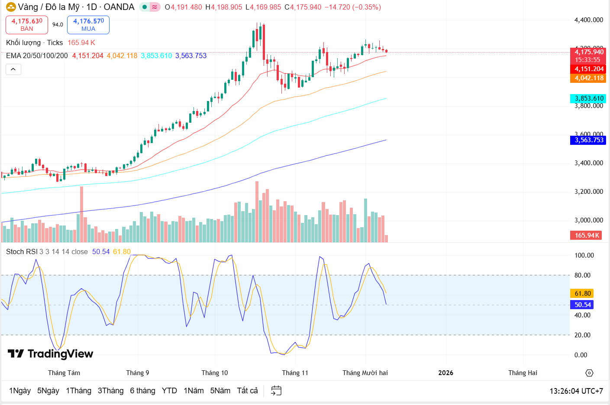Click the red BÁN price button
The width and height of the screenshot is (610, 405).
click(x=27, y=25)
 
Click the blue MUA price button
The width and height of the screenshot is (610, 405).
click(x=88, y=25)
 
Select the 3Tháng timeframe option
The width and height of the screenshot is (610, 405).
click(x=110, y=391)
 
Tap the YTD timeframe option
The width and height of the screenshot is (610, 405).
click(x=169, y=391)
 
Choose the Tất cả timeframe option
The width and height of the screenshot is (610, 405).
click(x=247, y=391)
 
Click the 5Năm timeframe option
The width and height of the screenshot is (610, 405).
click(x=220, y=391)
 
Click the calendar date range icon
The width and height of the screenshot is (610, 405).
click(x=276, y=391)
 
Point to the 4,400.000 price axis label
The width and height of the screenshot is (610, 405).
click(x=588, y=20)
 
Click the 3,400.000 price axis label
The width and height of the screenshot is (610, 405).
click(x=588, y=163)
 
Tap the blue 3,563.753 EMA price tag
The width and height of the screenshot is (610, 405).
click(x=588, y=140)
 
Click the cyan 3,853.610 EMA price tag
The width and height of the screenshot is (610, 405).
click(x=588, y=98)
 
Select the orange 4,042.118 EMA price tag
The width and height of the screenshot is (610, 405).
click(x=588, y=78)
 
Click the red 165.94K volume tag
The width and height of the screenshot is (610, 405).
click(x=587, y=235)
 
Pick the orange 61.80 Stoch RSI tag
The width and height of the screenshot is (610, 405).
click(x=582, y=294)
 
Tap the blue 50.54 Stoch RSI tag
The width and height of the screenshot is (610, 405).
click(x=582, y=305)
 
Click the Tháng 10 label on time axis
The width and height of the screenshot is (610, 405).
click(x=214, y=373)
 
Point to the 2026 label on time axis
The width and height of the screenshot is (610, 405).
click(x=445, y=373)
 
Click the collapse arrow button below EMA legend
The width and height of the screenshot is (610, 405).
click(x=13, y=69)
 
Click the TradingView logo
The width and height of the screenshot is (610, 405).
click(x=50, y=354)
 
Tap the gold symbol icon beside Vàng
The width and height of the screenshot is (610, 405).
click(x=11, y=7)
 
